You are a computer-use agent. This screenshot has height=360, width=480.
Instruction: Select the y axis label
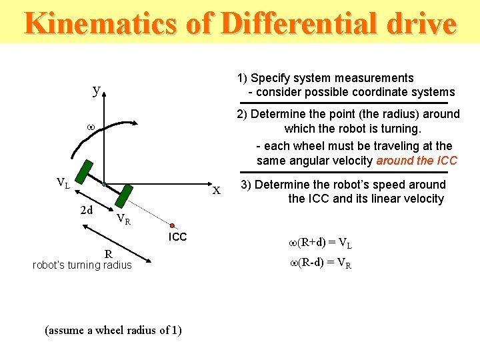(97, 89)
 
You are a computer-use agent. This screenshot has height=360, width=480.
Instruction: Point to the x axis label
(216, 191)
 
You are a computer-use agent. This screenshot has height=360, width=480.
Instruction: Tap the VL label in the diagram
(63, 183)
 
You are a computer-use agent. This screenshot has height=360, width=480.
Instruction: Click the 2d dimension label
(86, 211)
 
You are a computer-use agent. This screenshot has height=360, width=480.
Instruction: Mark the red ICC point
(172, 225)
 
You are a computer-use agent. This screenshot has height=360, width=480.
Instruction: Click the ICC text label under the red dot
(177, 237)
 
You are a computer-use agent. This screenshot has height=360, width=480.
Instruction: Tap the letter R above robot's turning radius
(107, 253)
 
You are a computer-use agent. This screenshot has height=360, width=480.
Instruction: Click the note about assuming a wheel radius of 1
(113, 330)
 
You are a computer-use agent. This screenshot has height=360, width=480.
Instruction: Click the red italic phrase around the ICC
(417, 161)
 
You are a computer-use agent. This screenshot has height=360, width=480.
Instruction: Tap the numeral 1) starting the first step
(243, 78)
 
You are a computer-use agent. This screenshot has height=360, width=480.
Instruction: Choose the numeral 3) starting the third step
(246, 185)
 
